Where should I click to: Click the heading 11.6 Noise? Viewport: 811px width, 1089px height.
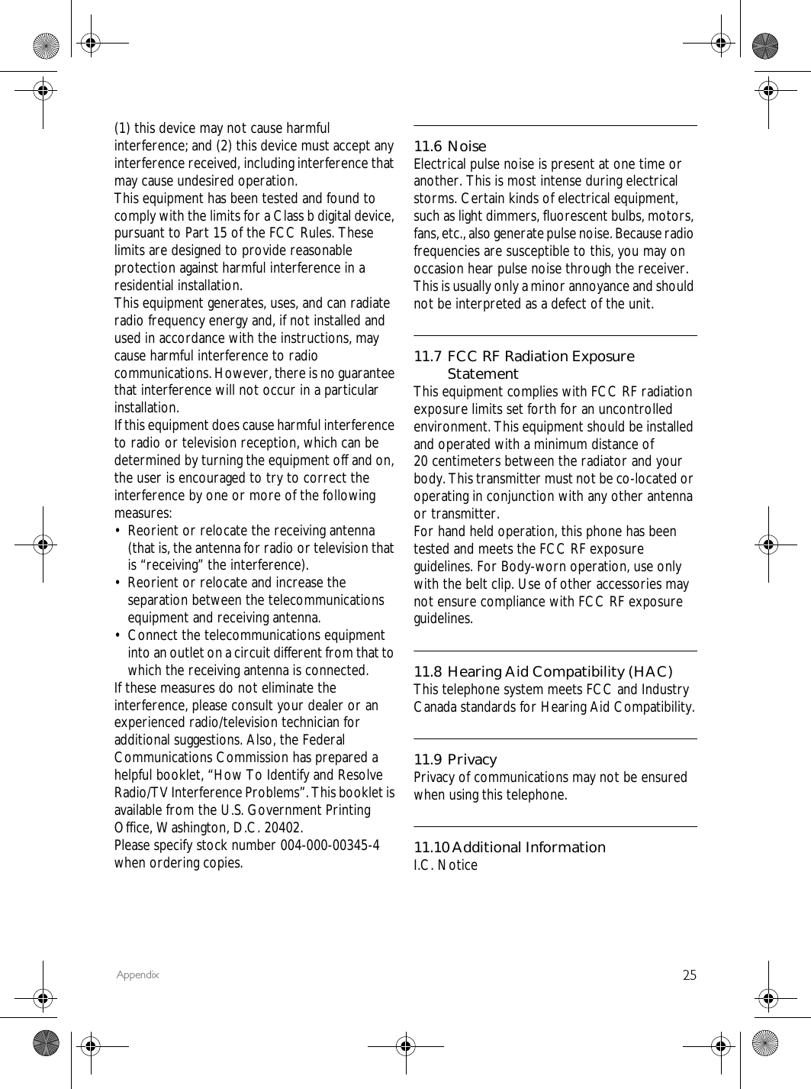click(449, 146)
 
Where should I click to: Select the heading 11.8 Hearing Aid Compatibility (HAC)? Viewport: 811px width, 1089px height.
click(542, 671)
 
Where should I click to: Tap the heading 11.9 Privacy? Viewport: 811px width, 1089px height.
click(455, 759)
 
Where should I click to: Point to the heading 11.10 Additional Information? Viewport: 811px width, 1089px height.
click(509, 847)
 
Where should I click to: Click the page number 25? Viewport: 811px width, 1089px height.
click(689, 974)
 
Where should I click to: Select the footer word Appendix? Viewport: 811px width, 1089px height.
click(138, 975)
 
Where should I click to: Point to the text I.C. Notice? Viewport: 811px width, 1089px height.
click(446, 865)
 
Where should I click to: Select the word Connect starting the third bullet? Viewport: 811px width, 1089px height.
click(153, 635)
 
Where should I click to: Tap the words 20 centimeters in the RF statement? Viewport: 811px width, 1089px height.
click(456, 461)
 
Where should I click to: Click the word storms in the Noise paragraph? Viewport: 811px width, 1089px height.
click(432, 199)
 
